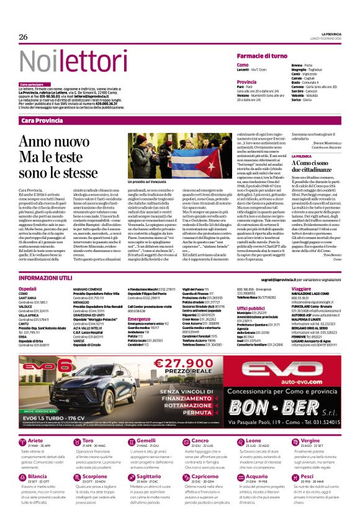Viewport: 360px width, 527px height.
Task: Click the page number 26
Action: (24, 37)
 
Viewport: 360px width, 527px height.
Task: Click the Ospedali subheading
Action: (27, 289)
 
